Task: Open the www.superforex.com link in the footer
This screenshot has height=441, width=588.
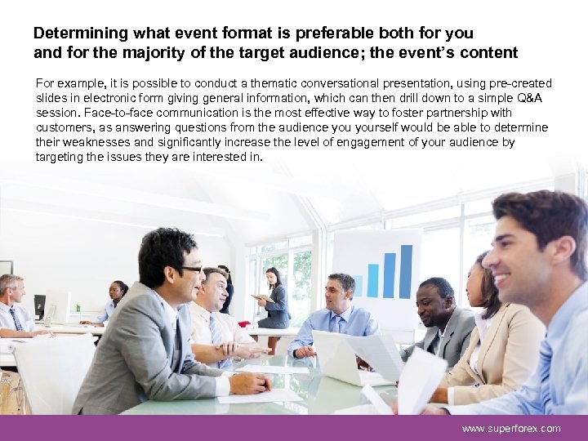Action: (511, 429)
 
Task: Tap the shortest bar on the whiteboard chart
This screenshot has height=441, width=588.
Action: (358, 285)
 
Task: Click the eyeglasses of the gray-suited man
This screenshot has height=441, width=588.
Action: (189, 269)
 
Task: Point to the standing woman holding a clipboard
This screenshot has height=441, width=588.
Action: (273, 299)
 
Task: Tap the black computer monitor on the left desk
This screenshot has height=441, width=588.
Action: (39, 306)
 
